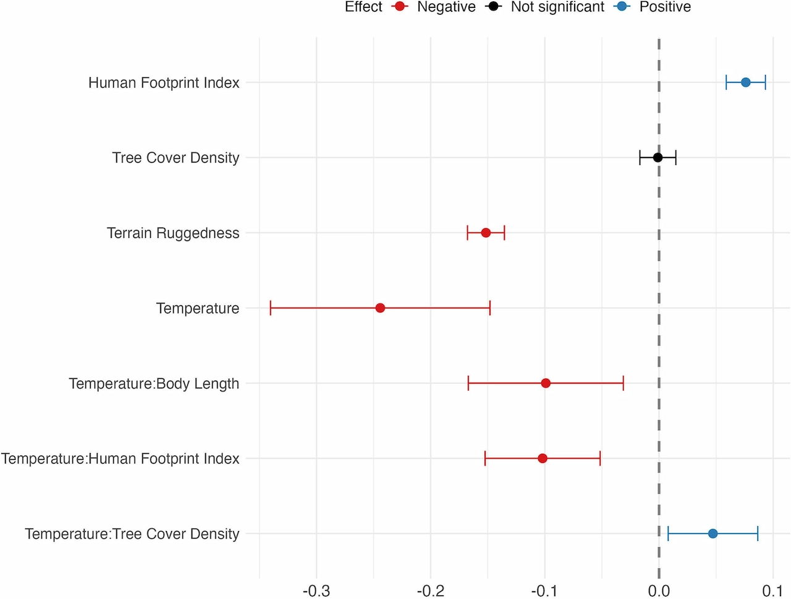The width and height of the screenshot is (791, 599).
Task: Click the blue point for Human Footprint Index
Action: point(745,82)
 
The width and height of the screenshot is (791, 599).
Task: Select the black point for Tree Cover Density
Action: point(658,158)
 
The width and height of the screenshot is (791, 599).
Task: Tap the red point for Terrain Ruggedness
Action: point(486,233)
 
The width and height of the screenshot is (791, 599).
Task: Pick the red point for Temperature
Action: point(380,308)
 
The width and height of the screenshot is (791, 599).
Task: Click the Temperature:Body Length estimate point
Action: point(546,383)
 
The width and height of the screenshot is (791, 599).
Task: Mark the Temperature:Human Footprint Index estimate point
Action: point(543,459)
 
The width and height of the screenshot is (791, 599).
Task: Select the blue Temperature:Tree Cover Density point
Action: point(713,533)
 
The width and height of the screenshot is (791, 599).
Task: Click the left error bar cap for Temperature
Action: point(271,308)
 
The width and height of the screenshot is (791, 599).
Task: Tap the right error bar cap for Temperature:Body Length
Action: point(623,383)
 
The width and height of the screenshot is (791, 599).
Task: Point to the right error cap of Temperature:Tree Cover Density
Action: point(758,533)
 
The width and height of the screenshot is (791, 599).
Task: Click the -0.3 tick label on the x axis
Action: point(316,591)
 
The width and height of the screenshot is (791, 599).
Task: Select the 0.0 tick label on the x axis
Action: point(659,591)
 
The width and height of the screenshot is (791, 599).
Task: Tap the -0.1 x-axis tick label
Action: point(544,591)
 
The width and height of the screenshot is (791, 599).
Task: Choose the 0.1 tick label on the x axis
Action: point(772,591)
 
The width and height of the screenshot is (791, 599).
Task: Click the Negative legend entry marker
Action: point(400,7)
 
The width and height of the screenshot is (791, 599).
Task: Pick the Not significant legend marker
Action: point(494,7)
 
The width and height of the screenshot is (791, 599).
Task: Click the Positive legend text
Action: point(665,7)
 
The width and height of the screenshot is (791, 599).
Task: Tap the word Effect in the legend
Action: point(363,7)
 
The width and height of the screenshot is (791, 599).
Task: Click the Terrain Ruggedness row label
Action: point(173,233)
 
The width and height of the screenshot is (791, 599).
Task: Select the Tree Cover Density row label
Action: point(176,158)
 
